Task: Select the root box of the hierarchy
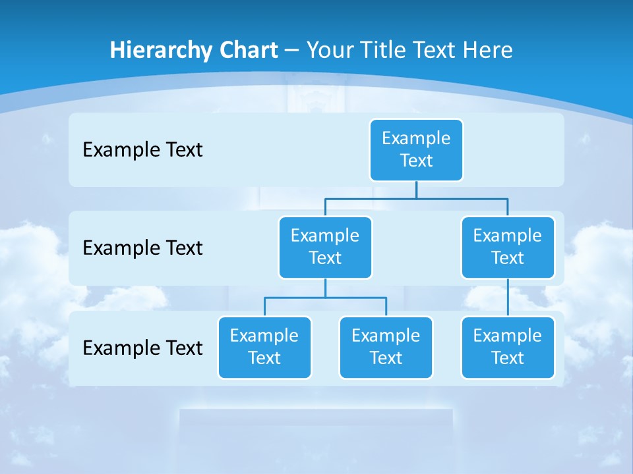tap(416, 149)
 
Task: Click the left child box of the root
tap(325, 247)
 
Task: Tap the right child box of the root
tap(508, 247)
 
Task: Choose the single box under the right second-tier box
tap(508, 347)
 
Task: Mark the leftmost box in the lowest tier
tap(264, 347)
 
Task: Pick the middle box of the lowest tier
tap(386, 347)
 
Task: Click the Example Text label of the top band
tap(142, 149)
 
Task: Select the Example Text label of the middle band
tap(142, 248)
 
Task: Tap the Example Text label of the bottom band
tap(142, 348)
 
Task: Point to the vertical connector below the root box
tap(416, 190)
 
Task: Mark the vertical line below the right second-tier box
tap(508, 297)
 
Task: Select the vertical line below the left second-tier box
tap(325, 288)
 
